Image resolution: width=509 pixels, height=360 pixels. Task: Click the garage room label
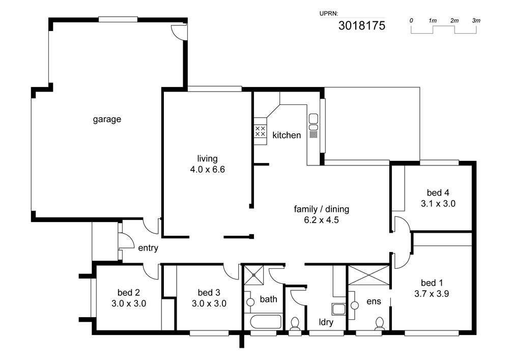point(107,120)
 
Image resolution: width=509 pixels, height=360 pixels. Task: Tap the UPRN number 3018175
point(361,25)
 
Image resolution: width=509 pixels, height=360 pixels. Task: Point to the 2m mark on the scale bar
point(455,20)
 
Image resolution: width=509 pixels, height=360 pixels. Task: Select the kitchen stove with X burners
point(260,131)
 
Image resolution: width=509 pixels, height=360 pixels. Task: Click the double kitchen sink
point(313,122)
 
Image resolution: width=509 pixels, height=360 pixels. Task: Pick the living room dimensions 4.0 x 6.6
point(208,170)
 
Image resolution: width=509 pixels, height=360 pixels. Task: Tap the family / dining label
point(321,209)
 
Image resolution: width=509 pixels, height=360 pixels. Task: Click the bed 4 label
point(438,193)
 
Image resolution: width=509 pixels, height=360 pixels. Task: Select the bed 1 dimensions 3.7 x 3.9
point(432,294)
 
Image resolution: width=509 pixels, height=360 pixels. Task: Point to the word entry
point(148,248)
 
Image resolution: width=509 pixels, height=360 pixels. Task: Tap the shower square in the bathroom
point(254,275)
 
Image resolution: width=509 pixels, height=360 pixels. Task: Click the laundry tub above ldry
point(338,309)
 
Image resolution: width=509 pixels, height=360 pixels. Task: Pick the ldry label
point(326,322)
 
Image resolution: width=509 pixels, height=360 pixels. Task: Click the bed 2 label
point(129,292)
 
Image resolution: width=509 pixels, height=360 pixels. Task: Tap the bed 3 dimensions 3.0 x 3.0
point(209,303)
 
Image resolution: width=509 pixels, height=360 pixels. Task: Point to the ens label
point(374,301)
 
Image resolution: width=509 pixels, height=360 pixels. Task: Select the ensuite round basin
point(354,306)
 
